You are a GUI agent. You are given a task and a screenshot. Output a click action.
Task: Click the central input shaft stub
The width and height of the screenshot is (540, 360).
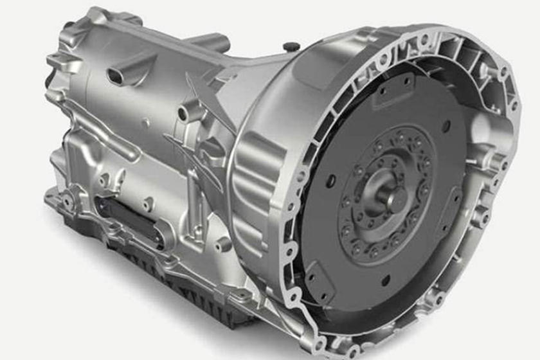coord(388,192)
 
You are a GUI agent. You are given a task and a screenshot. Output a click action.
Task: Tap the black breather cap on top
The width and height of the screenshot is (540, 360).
coord(291,47)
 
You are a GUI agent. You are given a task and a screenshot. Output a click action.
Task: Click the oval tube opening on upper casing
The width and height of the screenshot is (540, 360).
coord(116,76)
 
